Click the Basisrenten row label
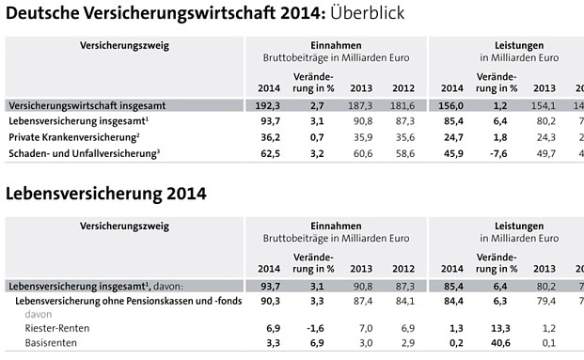[53, 344]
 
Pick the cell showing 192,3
[269, 105]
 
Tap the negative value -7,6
[501, 153]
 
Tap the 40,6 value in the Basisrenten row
[501, 344]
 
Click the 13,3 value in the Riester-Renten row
[501, 328]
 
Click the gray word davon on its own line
[39, 314]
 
